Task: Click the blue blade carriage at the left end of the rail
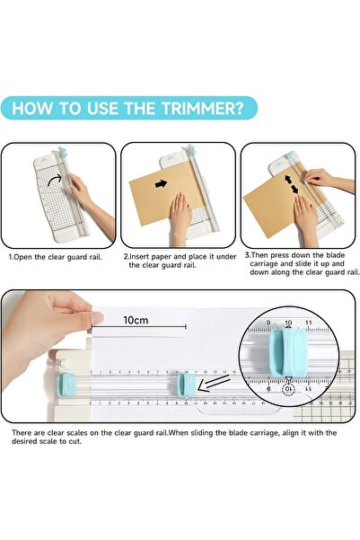tap(66, 385)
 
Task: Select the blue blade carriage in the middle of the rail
tap(187, 385)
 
